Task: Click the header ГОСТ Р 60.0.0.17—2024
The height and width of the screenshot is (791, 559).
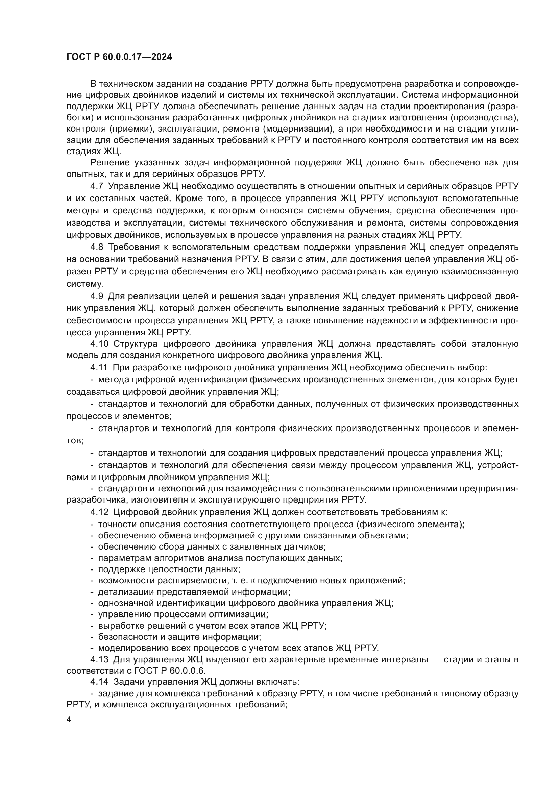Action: [119, 57]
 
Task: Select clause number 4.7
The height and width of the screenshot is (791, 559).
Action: [97, 186]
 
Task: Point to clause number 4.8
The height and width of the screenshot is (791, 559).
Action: [97, 247]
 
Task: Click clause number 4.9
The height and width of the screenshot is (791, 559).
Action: [97, 296]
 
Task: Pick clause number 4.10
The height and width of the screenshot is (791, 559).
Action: [99, 344]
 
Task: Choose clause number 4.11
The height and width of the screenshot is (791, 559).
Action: [99, 368]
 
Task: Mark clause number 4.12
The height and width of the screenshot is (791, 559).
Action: [99, 512]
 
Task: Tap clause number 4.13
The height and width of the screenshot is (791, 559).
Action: [99, 660]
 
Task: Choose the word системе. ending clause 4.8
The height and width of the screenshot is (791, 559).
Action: [84, 284]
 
